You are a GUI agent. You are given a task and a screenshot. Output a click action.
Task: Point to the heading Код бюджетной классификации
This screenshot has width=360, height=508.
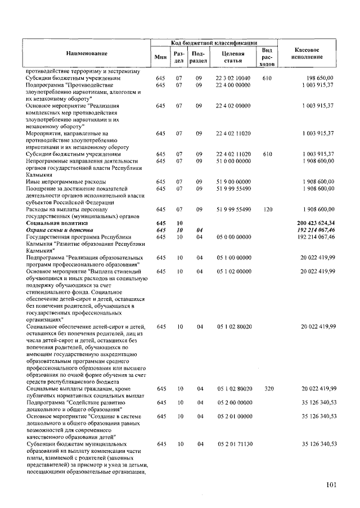(x=214, y=43)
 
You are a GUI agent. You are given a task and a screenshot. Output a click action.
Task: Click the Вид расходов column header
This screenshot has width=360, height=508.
(x=267, y=57)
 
